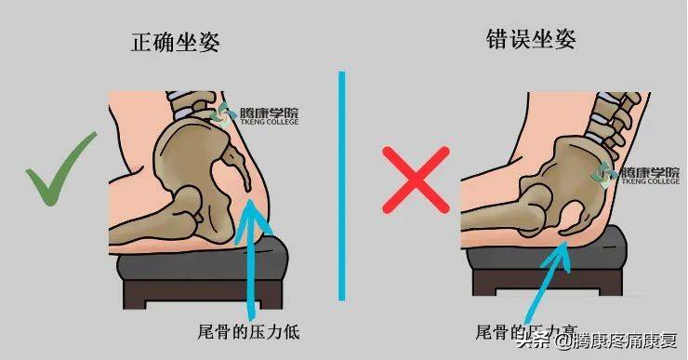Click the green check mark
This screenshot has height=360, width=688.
pos(61,173)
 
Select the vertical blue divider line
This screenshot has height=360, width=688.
pos(342,186)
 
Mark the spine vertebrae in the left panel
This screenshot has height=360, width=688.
pos(191,107)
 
